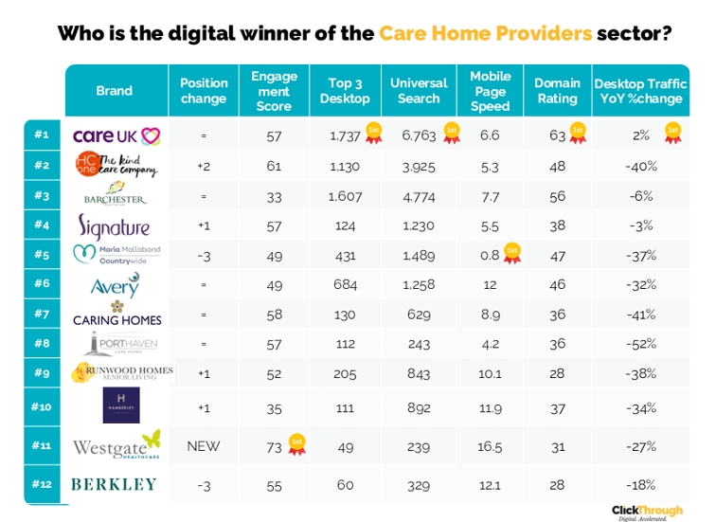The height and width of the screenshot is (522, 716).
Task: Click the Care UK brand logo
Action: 116,135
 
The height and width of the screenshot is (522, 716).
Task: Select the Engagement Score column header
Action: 274,91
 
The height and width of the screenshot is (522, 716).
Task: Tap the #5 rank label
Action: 41,254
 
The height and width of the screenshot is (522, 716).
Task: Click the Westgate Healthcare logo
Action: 116,445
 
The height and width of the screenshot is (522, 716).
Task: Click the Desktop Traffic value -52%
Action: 641,344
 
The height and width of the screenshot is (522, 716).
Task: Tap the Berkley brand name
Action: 114,484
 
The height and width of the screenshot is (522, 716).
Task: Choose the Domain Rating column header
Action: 557,91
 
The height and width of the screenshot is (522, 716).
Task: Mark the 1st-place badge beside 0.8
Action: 512,253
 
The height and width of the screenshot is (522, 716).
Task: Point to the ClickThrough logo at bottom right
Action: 647,511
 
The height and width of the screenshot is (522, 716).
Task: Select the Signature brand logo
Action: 114,226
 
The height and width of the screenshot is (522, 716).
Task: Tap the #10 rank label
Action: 41,405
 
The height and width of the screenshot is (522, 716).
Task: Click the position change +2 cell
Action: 203,167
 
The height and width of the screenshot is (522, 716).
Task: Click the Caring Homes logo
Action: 116,314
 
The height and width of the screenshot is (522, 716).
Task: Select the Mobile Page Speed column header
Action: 490,91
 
